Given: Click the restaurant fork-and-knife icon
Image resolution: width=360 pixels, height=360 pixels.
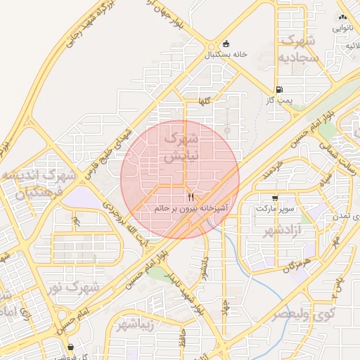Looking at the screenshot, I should (191, 198).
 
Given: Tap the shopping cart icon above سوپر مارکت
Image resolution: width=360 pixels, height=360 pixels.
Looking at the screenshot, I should (274, 198).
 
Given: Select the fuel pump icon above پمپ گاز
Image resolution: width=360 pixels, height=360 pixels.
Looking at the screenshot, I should (280, 89).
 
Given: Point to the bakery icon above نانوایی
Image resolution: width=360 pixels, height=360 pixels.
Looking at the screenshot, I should (342, 17).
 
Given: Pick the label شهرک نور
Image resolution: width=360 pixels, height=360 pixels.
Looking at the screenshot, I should (79, 288).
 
